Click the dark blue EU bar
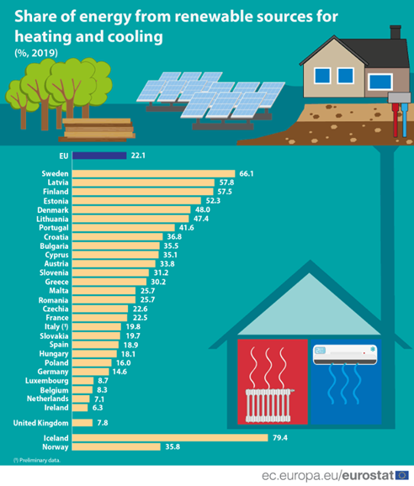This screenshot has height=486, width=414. pos(99,156)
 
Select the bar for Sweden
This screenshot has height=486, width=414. pos(153,173)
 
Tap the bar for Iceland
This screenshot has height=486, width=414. pos(170,437)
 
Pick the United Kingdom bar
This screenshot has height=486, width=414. pos(82,423)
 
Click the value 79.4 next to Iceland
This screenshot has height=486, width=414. pos(279,437)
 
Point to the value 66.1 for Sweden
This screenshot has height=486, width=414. pos(247,173)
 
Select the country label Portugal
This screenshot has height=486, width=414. pos(54,228)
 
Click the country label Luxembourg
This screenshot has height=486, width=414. pos(47,381)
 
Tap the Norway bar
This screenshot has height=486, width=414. pos(116,446)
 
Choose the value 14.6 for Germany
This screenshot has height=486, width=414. pos(119,372)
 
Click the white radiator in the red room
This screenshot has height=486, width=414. pos(268,405)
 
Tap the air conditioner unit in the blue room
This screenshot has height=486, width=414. pos(345,354)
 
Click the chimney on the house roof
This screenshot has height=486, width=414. pos(395,32)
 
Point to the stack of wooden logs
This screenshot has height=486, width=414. pos(98,129)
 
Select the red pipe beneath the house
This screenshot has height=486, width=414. pos(395,120)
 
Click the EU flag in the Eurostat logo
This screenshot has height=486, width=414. pos(402,475)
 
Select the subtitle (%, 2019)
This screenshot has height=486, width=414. pos(36,53)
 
